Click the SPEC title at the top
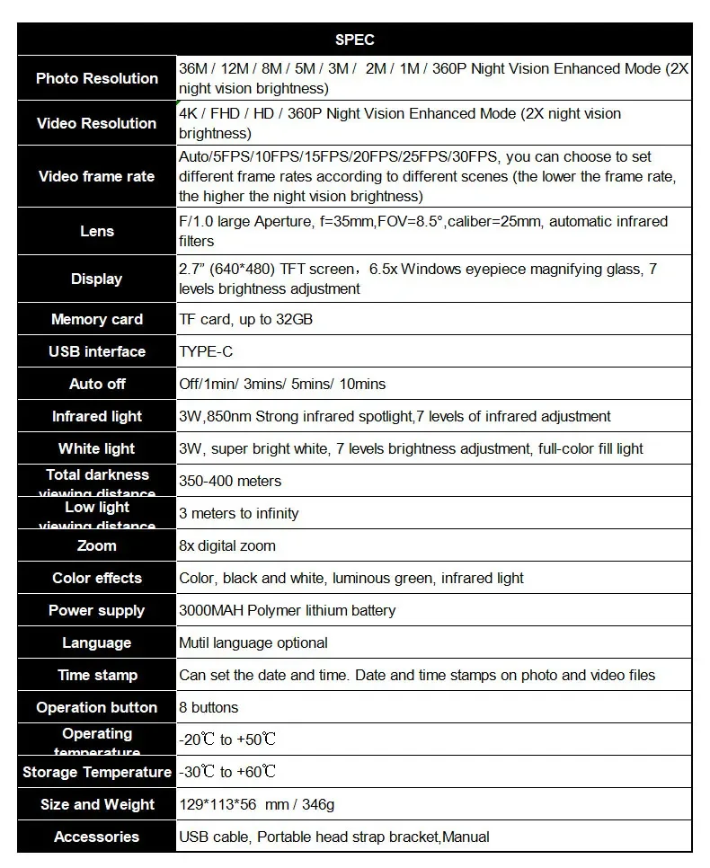tap(354, 40)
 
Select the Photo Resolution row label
tap(97, 78)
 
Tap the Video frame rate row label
tap(97, 176)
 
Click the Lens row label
tap(97, 231)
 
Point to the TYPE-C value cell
tap(206, 351)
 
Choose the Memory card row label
tap(97, 319)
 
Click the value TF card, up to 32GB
tap(245, 319)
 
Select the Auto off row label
tap(97, 384)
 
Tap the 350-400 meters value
tap(230, 481)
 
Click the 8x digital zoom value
tap(227, 545)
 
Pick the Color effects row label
tap(97, 578)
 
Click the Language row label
tap(97, 642)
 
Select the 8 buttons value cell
tap(209, 707)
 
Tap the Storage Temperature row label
tap(97, 772)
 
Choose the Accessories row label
tap(97, 837)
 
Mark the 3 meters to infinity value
tap(239, 513)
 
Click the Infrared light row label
tap(97, 416)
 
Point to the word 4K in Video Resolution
tap(189, 114)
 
